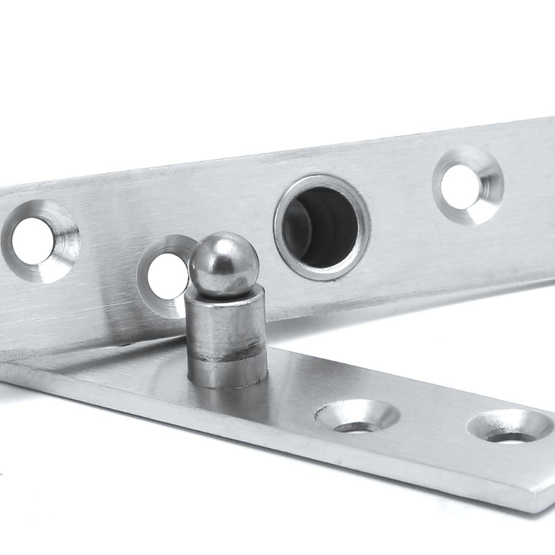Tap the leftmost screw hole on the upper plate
(33, 241)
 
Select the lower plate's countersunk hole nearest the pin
(357, 418)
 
